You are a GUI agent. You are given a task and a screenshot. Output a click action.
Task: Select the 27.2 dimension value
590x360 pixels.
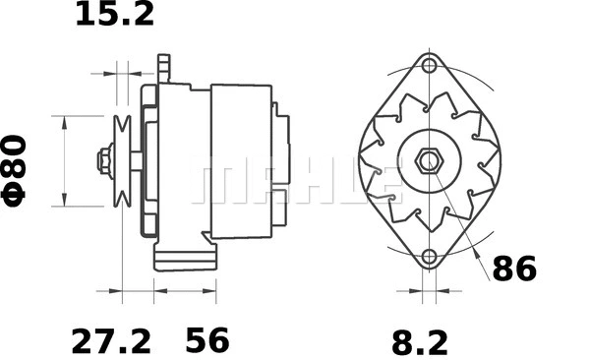(x=111, y=341)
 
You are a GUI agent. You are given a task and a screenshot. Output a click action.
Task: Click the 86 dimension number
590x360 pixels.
(x=513, y=269)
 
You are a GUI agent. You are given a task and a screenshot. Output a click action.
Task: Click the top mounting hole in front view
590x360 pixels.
(x=429, y=66)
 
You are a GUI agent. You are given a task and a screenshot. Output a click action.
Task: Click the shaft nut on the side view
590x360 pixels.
(x=103, y=160)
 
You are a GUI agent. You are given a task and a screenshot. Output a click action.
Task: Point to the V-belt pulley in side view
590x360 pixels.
(x=124, y=160)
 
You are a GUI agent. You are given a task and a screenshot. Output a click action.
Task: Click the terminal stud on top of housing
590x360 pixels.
(x=164, y=68)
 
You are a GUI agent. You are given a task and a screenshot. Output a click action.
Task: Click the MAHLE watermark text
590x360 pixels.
(x=295, y=183)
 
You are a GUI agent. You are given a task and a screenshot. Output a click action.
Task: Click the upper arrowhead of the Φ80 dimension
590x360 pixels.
(x=65, y=120)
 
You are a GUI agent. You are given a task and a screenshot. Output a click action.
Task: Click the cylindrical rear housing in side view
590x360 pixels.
(x=241, y=160)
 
